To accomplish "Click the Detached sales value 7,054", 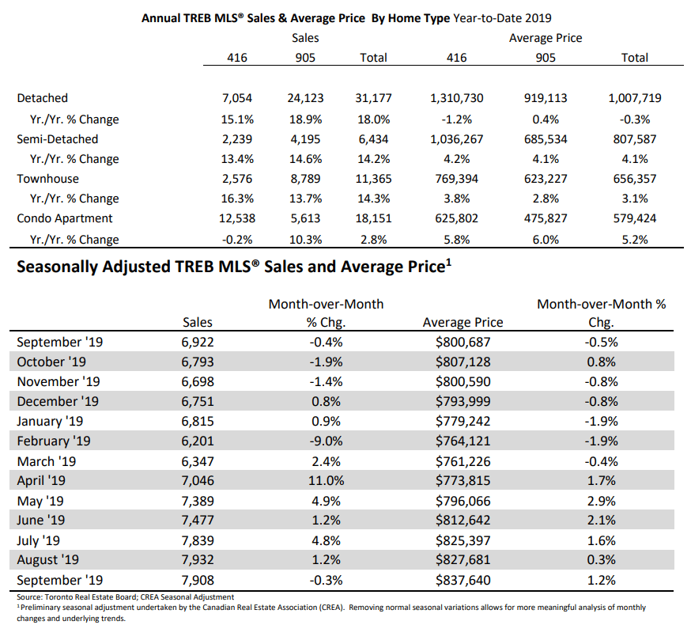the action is pos(237,98).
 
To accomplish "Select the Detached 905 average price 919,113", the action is pos(546,98).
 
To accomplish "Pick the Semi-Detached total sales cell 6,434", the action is pos(373,139).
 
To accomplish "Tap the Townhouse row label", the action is pos(47,179).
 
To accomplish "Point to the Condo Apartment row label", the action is pos(64,218).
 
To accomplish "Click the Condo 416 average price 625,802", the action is pos(456,218).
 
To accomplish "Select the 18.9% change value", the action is pos(305,119).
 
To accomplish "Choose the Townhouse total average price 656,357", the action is pos(635,179).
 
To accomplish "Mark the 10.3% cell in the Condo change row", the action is pos(305,240).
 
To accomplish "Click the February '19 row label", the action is pos(53,441).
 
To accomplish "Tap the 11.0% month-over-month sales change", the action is pos(326,480).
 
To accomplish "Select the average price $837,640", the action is pos(463,580).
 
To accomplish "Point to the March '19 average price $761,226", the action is pos(463,461).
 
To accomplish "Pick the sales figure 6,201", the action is pos(198,441).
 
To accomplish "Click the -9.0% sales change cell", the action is pos(326,441).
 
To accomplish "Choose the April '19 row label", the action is pos(41,480).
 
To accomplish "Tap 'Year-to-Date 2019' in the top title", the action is pos(502,18).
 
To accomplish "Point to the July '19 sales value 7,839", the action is pos(198,540).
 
